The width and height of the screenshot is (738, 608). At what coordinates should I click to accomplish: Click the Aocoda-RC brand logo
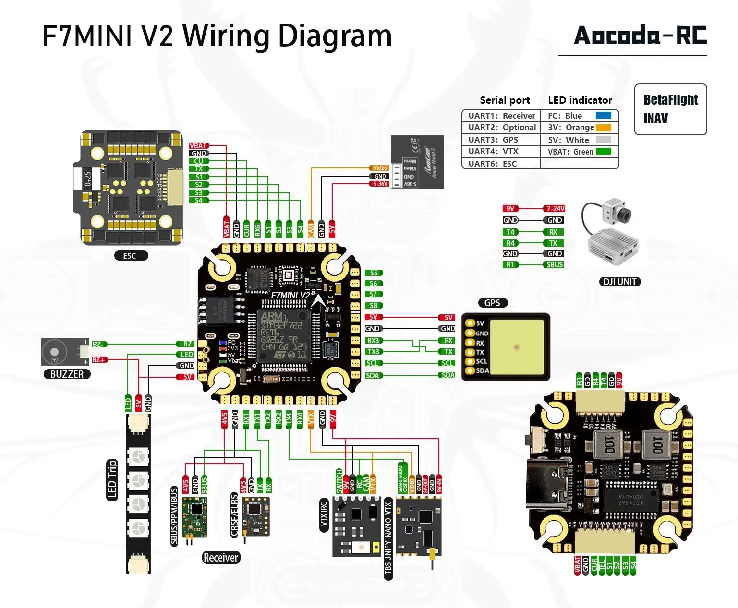click(x=640, y=36)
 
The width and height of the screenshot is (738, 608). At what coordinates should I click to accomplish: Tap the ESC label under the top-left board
click(x=130, y=256)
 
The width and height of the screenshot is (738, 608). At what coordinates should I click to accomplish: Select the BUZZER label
click(x=67, y=374)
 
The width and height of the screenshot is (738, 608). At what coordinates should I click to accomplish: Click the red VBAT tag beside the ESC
click(x=198, y=145)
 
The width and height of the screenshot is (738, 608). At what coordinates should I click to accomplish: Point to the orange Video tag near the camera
click(x=379, y=168)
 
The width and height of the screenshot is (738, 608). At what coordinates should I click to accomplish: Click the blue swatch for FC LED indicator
click(x=603, y=116)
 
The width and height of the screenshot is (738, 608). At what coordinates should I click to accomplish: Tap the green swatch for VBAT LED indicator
click(x=603, y=152)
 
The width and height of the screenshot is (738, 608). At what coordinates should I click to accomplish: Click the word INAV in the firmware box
click(x=655, y=119)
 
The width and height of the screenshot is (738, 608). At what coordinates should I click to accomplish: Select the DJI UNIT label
click(x=619, y=282)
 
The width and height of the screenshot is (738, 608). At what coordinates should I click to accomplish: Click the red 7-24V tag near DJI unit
click(x=555, y=208)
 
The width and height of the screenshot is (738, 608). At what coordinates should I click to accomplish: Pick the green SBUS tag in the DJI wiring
click(x=555, y=265)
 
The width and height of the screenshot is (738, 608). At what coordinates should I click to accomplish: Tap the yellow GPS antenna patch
click(x=517, y=347)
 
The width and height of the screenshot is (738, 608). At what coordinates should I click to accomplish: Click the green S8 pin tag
click(x=374, y=305)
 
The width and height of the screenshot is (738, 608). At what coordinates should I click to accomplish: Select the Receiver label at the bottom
click(x=220, y=558)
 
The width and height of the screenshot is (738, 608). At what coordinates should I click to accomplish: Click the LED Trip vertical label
click(x=112, y=480)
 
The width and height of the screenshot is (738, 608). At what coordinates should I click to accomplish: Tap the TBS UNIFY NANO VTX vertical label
click(x=388, y=538)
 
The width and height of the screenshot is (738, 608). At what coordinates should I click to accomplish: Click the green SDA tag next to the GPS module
click(x=448, y=375)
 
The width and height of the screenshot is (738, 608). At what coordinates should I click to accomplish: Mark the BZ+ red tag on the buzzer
click(x=99, y=359)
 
